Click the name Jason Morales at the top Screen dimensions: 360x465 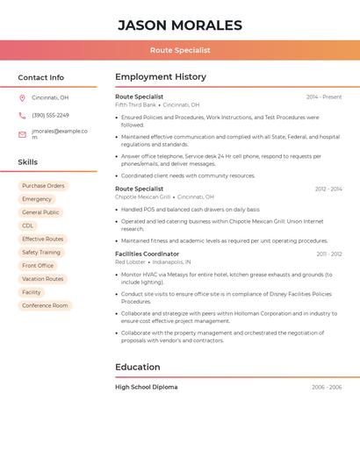[x=179, y=25]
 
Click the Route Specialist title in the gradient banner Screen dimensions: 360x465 [x=179, y=50]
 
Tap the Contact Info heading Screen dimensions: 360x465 [x=40, y=77]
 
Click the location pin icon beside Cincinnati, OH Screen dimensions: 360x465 [x=22, y=97]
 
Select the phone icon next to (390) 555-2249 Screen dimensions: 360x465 [x=22, y=115]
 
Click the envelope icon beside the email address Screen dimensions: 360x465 [x=22, y=134]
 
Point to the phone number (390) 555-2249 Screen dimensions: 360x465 [x=50, y=115]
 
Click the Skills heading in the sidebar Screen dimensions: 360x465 [x=27, y=162]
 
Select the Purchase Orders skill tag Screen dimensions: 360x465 [x=43, y=186]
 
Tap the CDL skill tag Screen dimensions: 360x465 [x=28, y=225]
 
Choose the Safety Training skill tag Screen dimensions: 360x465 [x=41, y=253]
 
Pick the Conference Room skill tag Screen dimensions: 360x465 [x=45, y=305]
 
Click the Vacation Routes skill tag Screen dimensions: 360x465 [x=43, y=279]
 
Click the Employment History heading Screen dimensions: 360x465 [x=161, y=77]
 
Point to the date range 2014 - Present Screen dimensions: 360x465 [x=324, y=97]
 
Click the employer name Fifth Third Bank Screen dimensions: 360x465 [x=135, y=104]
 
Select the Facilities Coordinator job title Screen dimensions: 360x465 [x=147, y=254]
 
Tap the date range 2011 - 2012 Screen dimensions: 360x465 [x=329, y=254]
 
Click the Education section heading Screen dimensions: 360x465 [x=138, y=367]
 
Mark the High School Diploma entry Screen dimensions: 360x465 [x=146, y=387]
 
